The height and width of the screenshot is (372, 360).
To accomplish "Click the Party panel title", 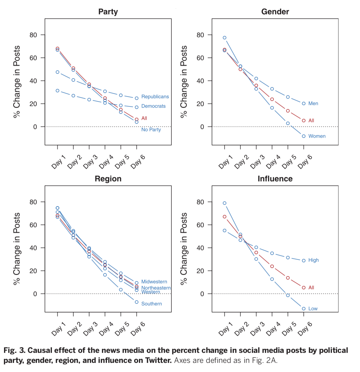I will pos(108,12).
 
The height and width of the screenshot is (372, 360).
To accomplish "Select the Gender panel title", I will pos(275,12).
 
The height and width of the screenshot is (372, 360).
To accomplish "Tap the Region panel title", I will pos(108,179).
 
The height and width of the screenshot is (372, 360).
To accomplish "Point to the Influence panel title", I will pos(275,179).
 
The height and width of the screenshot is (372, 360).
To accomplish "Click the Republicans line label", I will pos(155,97).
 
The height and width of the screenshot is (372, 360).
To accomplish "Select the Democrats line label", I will pos(153,106).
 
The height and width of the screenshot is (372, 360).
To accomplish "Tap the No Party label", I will pos(151,130).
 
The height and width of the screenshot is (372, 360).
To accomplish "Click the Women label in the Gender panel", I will pos(317,136).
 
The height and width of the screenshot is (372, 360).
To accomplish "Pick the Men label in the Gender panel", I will pos(313,103).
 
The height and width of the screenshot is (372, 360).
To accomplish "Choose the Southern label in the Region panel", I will pos(151,304).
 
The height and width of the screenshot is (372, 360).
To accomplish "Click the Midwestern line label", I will pos(154,282).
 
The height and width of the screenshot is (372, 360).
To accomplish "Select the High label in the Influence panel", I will pos(313,260).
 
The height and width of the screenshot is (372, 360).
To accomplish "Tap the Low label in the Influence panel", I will pos(313,309).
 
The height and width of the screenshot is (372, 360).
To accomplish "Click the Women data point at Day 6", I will pos(304,136).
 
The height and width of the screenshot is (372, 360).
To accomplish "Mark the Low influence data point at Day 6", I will pos(304,309).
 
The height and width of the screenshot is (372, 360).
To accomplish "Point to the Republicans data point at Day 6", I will pos(136,98).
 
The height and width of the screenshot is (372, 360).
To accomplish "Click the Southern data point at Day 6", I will pos(136,302).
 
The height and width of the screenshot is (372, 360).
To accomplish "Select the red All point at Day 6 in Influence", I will pos(304,287).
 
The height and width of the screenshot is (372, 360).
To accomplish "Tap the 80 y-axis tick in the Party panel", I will pos(33,35).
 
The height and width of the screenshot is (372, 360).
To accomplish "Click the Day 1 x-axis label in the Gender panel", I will pos(226,162).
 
